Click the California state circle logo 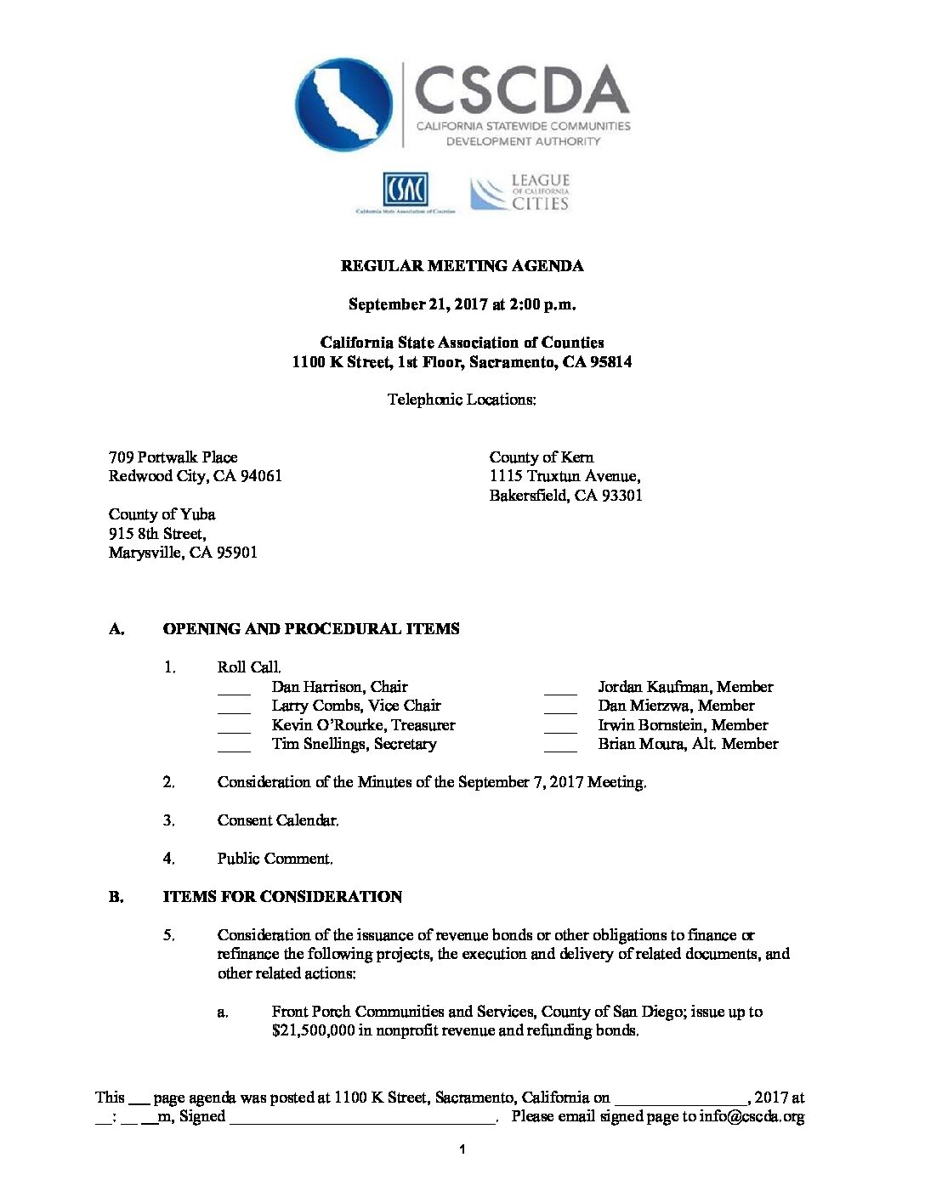(343, 105)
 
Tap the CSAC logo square (405, 190)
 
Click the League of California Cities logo (520, 192)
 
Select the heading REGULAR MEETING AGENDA (462, 266)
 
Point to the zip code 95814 (610, 362)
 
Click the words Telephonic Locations (462, 400)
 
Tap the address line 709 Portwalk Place (173, 457)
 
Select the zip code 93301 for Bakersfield (621, 496)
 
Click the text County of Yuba (162, 514)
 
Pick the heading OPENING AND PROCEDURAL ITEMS (311, 629)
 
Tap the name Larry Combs (310, 706)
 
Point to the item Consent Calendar (277, 820)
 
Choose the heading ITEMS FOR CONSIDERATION (282, 897)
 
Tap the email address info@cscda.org (752, 1117)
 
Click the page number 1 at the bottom (462, 1150)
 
